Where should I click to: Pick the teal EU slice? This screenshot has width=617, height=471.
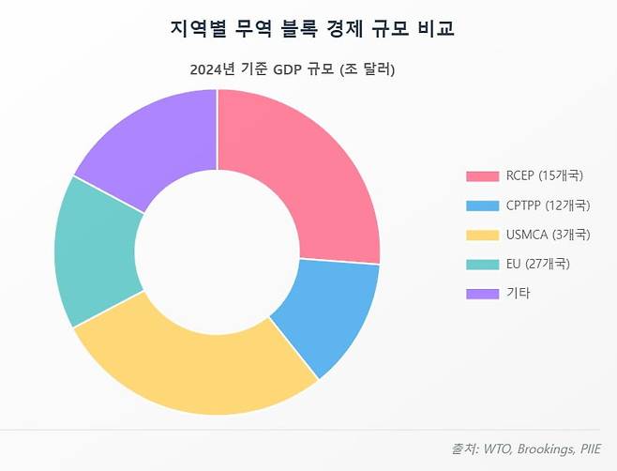pos(98,252)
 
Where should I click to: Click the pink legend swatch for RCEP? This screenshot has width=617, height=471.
pos(482,175)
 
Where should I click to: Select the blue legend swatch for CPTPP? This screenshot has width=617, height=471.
pos(482,205)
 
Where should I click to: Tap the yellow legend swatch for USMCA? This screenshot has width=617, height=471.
pos(482,234)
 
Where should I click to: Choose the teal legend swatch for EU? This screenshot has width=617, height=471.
pos(482,264)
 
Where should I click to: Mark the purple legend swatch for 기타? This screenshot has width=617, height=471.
pos(482,293)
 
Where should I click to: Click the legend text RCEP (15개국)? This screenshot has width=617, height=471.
pos(544,175)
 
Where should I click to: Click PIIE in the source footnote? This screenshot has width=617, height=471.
pos(591,449)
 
